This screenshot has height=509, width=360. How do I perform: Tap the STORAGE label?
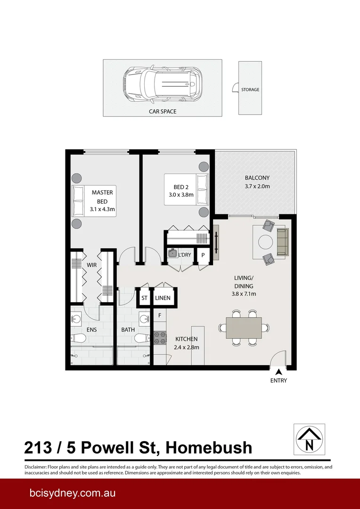tap(250, 90)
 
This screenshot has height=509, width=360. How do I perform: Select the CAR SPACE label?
tap(162, 112)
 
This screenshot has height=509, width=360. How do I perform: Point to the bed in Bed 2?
tap(186, 189)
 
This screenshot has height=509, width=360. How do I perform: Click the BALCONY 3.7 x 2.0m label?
tap(257, 182)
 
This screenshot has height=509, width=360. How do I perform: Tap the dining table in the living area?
tap(244, 328)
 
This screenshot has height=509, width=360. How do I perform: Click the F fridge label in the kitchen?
tap(160, 315)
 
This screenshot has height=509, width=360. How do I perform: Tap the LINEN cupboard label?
tap(163, 298)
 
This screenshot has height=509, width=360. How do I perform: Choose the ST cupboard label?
tap(144, 298)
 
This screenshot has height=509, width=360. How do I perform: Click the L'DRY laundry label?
tap(184, 255)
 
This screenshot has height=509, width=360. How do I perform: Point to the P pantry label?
tap(203, 255)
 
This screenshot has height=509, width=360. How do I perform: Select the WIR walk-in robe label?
tap(91, 265)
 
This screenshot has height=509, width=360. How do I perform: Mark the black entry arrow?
tap(279, 372)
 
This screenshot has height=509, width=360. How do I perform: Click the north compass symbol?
tap(309, 439)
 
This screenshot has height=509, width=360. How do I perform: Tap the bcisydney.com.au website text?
tap(70, 493)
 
